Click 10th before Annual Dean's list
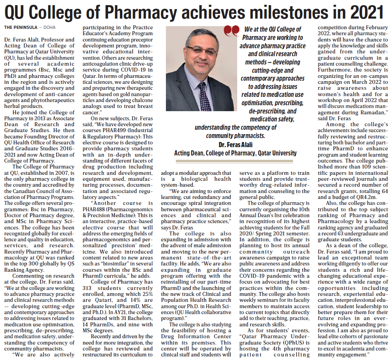304,209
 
